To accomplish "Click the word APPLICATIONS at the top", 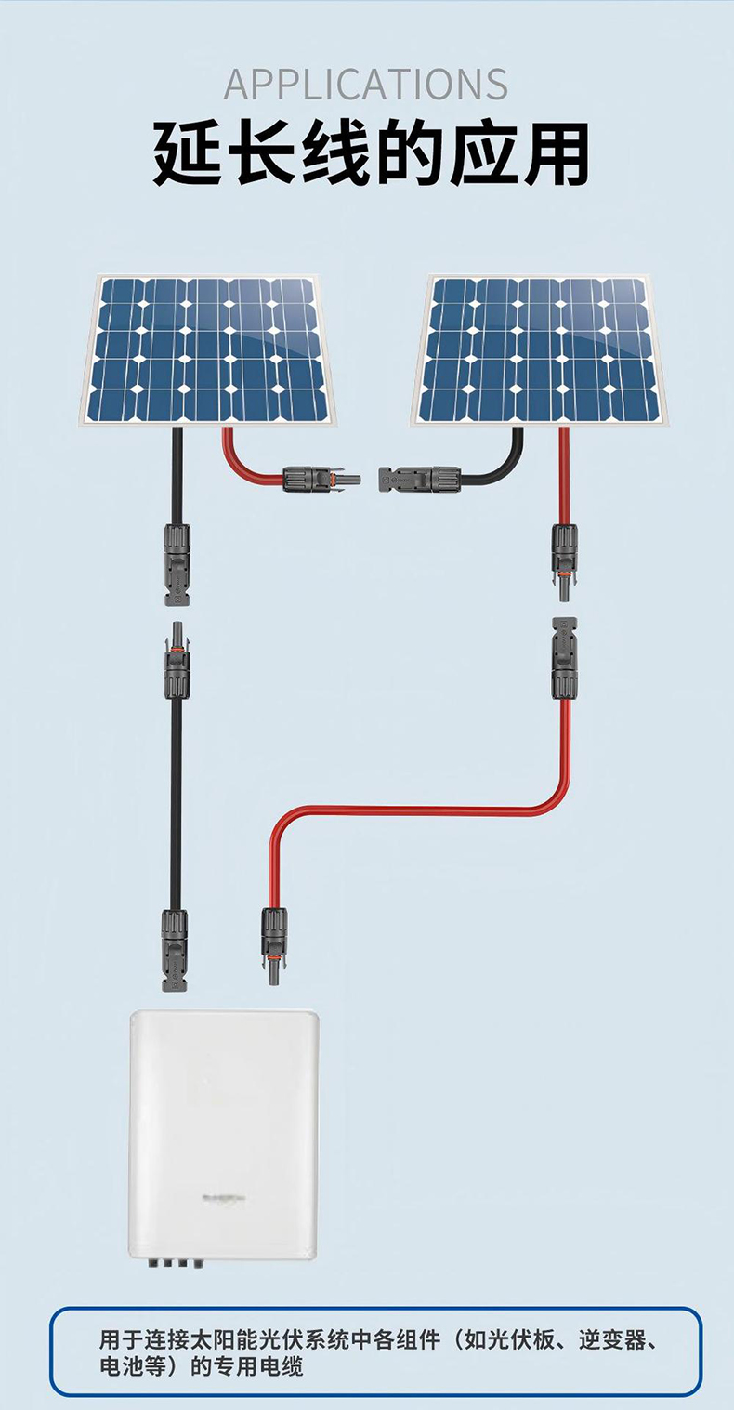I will coord(366,84).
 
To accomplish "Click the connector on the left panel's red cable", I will coord(321,480).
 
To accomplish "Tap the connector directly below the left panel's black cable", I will coord(177,563).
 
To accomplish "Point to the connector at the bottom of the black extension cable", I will coord(175,948).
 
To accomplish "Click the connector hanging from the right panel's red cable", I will coord(564,554).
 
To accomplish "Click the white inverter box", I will coord(224,1134).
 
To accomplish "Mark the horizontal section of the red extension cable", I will coord(409,810).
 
